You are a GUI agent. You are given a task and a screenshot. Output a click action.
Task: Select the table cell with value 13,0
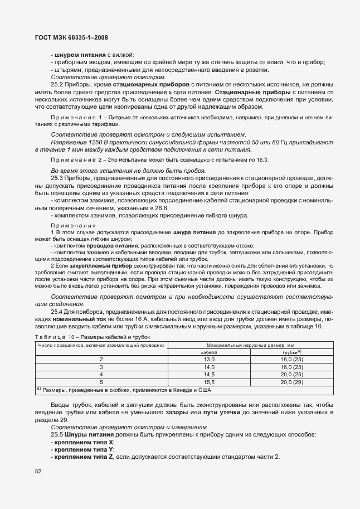[209, 360]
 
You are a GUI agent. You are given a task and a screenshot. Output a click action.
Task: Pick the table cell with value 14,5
[209, 375]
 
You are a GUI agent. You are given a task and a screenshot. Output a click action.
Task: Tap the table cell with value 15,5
[209, 382]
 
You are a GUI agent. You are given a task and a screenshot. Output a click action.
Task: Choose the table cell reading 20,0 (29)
[291, 382]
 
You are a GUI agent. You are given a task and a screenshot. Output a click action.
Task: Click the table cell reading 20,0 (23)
[291, 375]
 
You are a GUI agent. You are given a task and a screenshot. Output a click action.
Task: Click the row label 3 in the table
[101, 367]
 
